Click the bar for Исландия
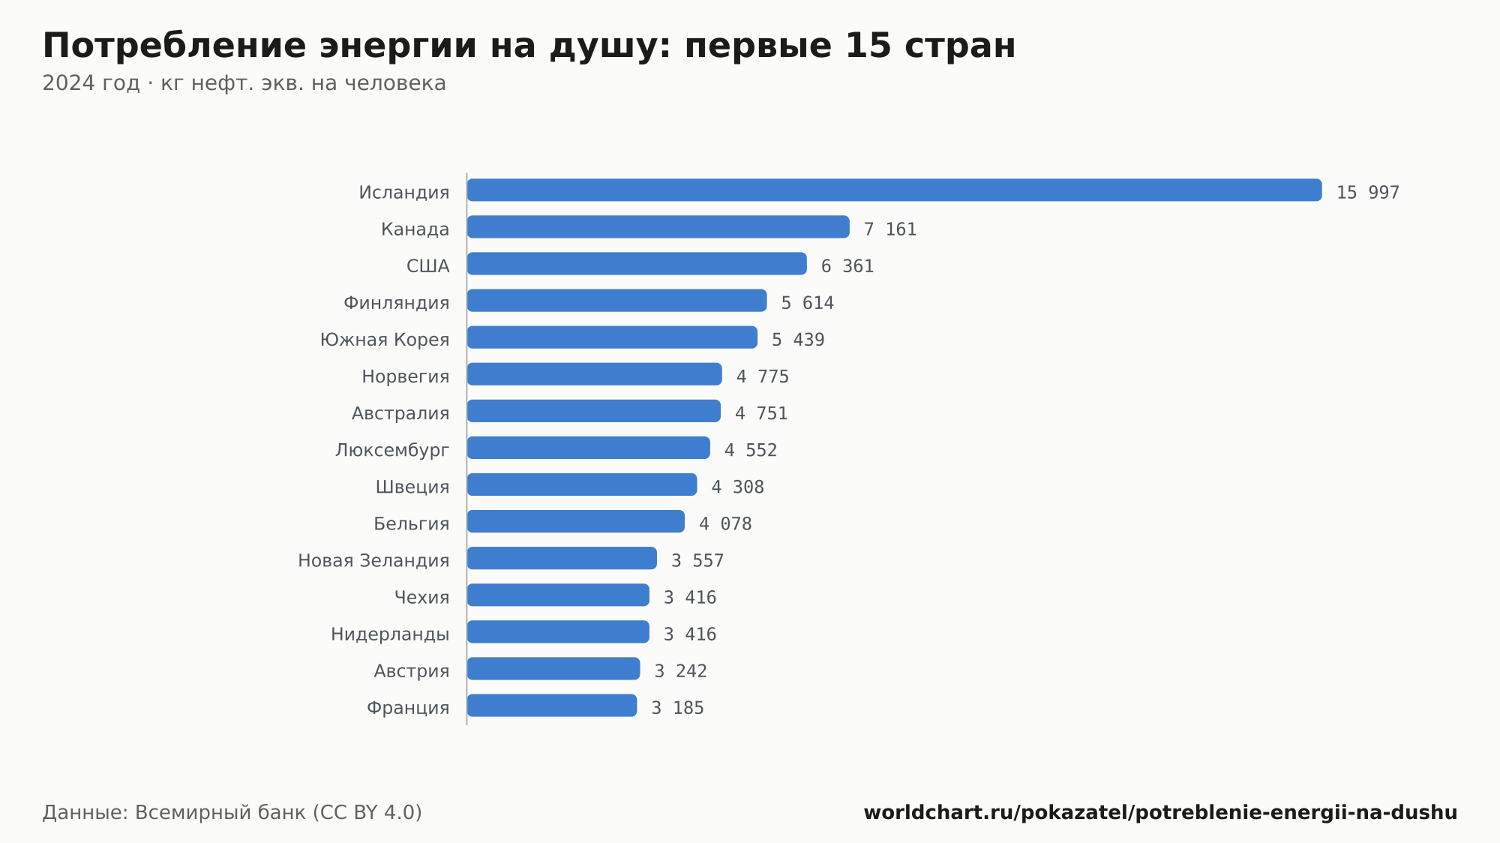(x=894, y=190)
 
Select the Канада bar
(x=658, y=226)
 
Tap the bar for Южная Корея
(x=612, y=337)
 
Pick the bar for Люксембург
(x=589, y=448)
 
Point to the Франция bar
(x=552, y=706)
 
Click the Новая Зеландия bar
(x=562, y=558)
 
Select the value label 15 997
(x=1368, y=193)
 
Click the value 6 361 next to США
(x=847, y=266)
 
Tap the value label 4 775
(x=763, y=376)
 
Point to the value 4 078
(x=725, y=524)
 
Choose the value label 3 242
(x=681, y=671)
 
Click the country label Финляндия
(x=397, y=303)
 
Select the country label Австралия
(x=400, y=413)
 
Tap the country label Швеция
(x=412, y=487)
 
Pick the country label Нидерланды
(x=390, y=634)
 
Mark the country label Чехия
(x=422, y=598)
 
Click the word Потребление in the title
(x=175, y=46)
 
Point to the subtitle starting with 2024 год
(x=244, y=83)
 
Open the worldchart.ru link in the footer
(x=1160, y=812)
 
